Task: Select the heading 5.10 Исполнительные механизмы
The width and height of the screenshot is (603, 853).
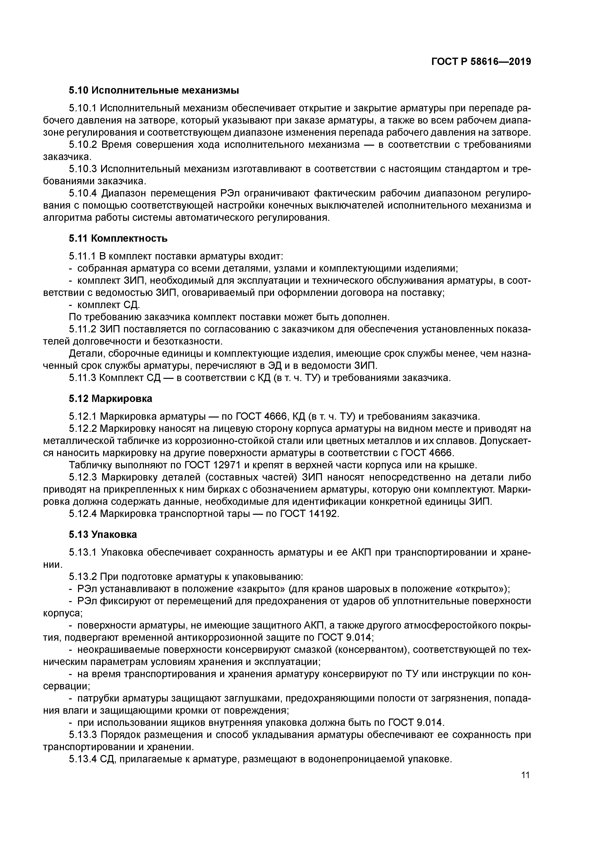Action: pyautogui.click(x=153, y=90)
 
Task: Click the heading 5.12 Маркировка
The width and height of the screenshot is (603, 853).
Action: pyautogui.click(x=110, y=399)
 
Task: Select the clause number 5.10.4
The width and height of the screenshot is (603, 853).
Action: pyautogui.click(x=83, y=194)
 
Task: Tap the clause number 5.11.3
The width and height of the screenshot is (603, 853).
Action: pyautogui.click(x=82, y=378)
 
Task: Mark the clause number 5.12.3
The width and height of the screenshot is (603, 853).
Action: pyautogui.click(x=83, y=477)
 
